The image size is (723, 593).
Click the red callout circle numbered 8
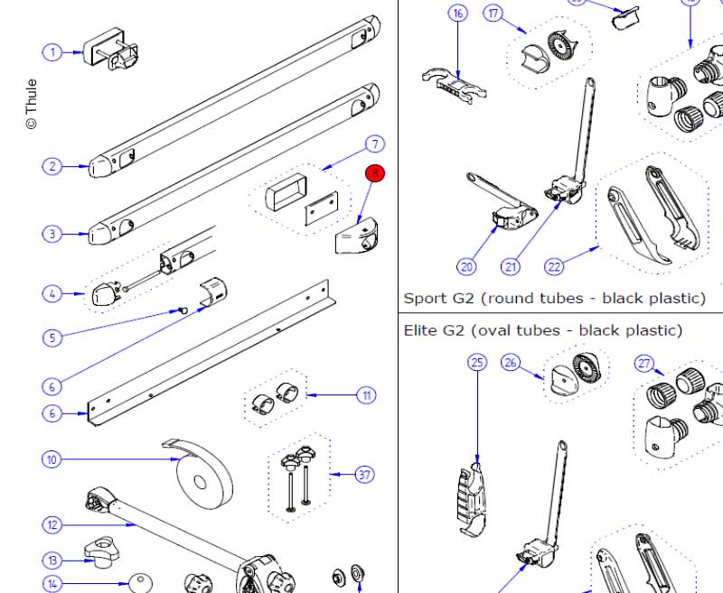click(x=375, y=173)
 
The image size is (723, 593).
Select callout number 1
click(x=52, y=52)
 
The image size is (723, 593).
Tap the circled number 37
click(x=364, y=474)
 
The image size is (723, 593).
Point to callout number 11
click(x=366, y=395)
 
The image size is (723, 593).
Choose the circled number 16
click(x=458, y=13)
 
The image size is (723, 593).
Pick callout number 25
click(x=477, y=362)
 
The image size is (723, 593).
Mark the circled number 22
click(x=554, y=266)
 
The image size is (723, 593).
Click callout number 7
click(x=375, y=144)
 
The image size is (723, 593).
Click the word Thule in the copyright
click(x=31, y=97)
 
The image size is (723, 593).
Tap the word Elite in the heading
click(x=422, y=330)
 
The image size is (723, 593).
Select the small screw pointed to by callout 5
click(x=183, y=310)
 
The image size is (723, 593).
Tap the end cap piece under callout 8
click(x=356, y=236)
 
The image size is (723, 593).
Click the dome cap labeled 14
click(x=140, y=583)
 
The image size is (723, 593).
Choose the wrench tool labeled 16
click(x=455, y=86)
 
